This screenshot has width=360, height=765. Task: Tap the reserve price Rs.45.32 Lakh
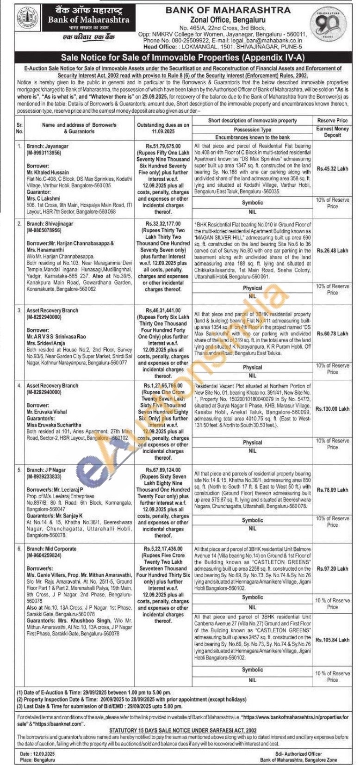[x=332, y=169]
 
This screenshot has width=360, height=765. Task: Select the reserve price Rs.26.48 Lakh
[x=332, y=251]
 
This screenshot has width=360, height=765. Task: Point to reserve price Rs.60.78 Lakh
[x=332, y=333]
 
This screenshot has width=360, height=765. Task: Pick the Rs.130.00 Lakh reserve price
[x=332, y=409]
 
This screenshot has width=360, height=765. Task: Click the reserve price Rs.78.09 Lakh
[x=332, y=490]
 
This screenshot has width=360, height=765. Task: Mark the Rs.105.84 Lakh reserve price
[x=332, y=640]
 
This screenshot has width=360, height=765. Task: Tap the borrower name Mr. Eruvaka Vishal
[x=46, y=411]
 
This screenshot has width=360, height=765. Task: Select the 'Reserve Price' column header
[x=332, y=121]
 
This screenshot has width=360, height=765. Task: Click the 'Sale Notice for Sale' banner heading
[x=180, y=58]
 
